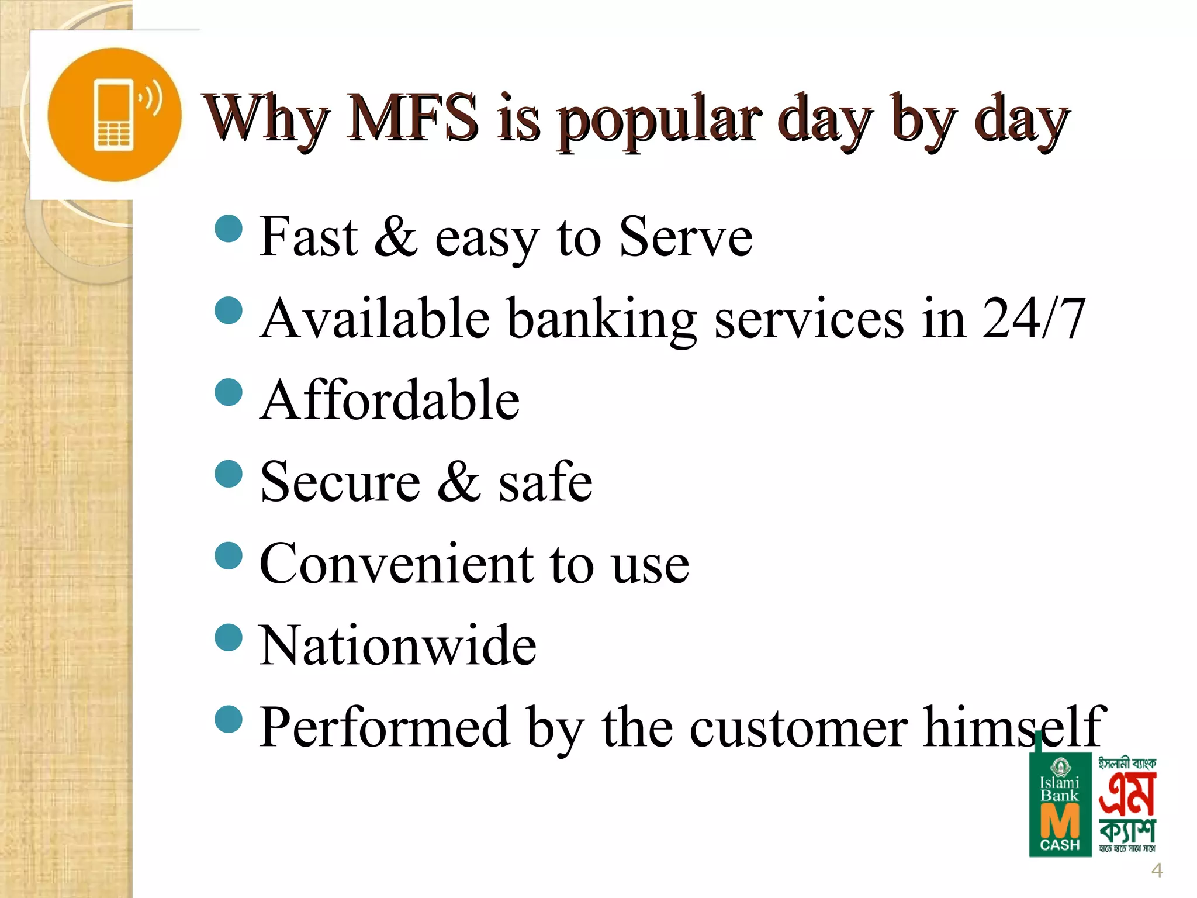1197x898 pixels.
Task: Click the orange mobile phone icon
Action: pyautogui.click(x=114, y=115)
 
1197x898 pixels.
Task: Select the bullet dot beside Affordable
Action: pyautogui.click(x=229, y=392)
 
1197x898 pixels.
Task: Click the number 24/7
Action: pyautogui.click(x=1033, y=318)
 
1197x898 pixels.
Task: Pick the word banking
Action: pyautogui.click(x=601, y=320)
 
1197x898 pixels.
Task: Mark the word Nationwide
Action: pyautogui.click(x=397, y=645)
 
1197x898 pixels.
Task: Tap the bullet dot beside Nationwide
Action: pyautogui.click(x=229, y=638)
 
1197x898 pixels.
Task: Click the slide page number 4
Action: pyautogui.click(x=1157, y=871)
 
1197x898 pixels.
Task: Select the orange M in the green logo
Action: pyautogui.click(x=1060, y=821)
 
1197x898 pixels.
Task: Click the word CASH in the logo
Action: pyautogui.click(x=1060, y=845)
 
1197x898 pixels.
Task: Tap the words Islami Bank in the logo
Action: pyautogui.click(x=1060, y=789)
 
